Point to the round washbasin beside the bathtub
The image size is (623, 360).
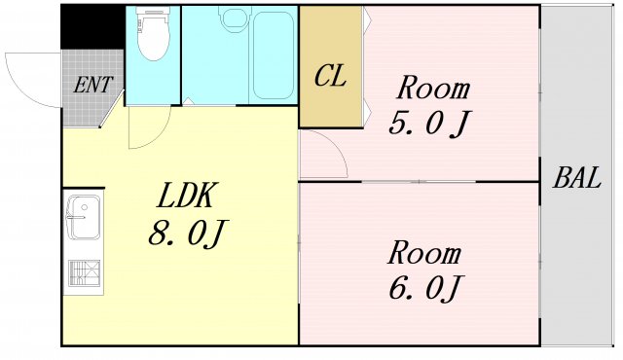234,18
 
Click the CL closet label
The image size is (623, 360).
330,77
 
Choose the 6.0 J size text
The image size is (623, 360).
423,288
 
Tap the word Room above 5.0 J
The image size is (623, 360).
431,90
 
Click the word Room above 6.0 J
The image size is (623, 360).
423,254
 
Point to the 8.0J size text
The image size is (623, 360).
189,234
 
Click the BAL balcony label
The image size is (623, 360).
577,178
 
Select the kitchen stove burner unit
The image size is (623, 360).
83,274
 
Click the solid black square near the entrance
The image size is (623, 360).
92,26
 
